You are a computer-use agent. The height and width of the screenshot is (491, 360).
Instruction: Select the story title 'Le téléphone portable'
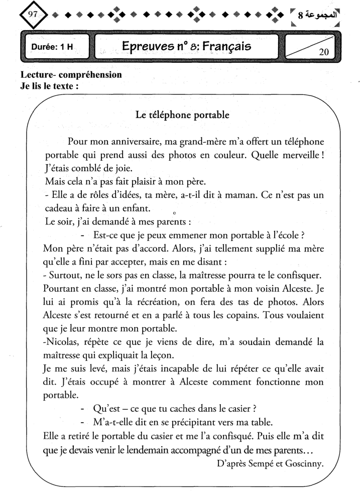coord(183,115)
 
